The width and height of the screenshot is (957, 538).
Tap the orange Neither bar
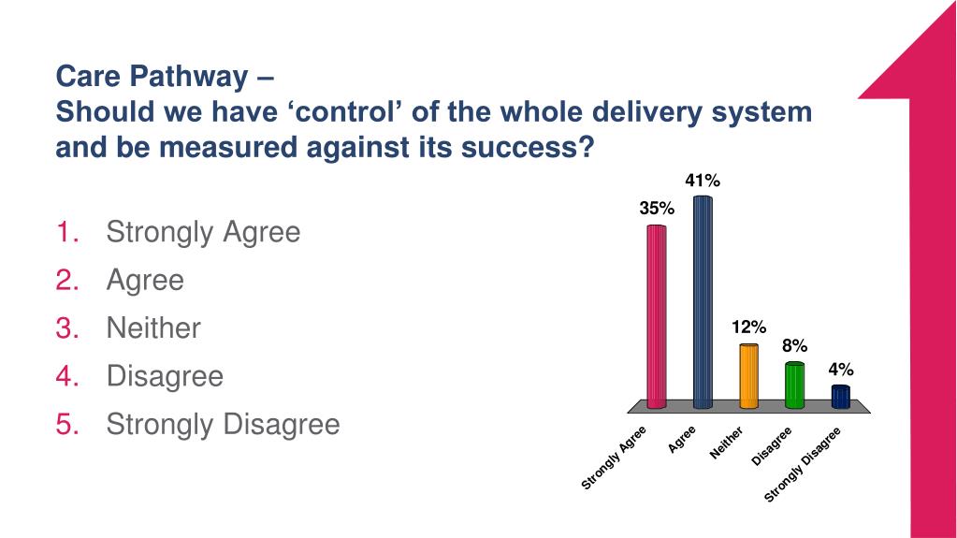(748, 376)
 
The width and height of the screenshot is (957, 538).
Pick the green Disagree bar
(794, 385)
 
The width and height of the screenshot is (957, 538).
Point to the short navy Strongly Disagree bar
(840, 397)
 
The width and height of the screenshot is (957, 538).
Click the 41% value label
(703, 182)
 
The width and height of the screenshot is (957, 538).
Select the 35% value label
(657, 209)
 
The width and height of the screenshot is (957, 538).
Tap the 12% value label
(748, 327)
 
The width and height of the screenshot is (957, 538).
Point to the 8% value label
(794, 345)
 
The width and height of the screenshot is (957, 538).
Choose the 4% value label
(840, 370)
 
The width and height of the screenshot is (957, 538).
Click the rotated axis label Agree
(682, 439)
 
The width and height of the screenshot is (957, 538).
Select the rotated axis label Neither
(726, 443)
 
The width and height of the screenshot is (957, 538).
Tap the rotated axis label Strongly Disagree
(803, 464)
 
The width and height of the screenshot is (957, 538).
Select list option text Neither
(153, 327)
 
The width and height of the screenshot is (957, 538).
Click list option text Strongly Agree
(203, 231)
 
